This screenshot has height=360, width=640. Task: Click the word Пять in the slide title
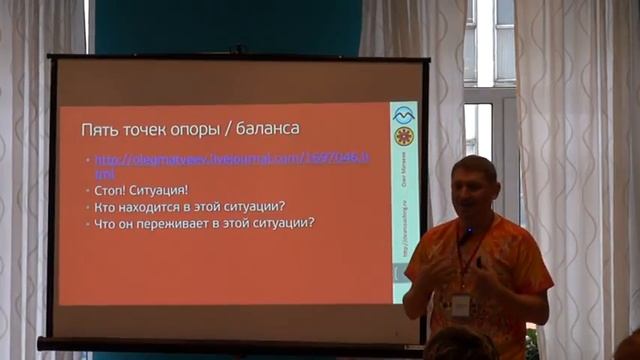[x=99, y=130]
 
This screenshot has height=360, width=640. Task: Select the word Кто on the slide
[x=105, y=206]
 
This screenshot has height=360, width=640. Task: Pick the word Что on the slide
[x=106, y=223]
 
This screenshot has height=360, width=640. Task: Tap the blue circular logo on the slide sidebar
[x=404, y=114]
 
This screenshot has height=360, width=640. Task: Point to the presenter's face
[x=472, y=191]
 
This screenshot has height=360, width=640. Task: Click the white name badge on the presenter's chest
[x=461, y=304]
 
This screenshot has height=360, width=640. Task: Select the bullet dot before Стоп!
[x=88, y=190]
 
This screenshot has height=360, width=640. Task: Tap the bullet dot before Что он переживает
[x=88, y=223]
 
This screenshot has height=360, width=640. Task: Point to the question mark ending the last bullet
[x=312, y=223]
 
